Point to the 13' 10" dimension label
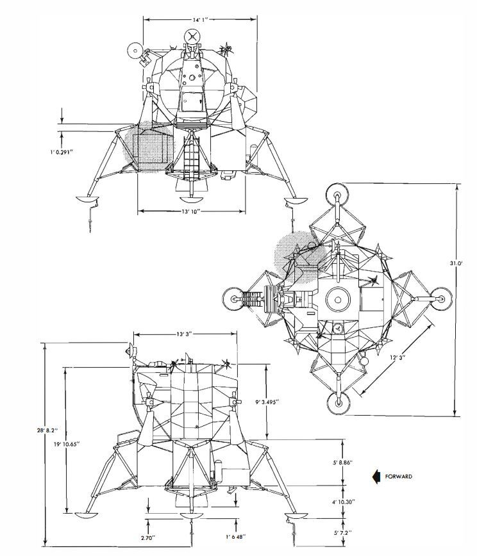pos(192,211)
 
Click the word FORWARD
pos(399,476)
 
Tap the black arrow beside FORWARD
pos(376,476)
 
